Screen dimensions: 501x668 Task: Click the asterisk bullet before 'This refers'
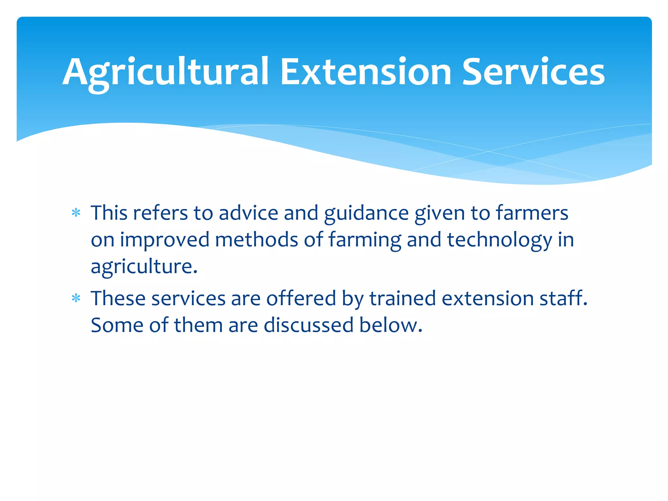[x=76, y=213]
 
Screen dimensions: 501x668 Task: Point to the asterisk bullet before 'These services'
[x=76, y=298]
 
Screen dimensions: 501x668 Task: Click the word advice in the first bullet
[x=248, y=213]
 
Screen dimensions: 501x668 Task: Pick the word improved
[x=164, y=240]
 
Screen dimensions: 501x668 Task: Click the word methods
[x=256, y=240]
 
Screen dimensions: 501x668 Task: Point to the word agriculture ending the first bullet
[x=144, y=267]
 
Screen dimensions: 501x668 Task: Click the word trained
[x=402, y=298]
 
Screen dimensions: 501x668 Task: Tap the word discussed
[x=309, y=325]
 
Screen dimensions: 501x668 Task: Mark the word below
[x=390, y=325]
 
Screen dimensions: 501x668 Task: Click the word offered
[x=301, y=298]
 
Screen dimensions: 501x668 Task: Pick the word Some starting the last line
[x=117, y=325]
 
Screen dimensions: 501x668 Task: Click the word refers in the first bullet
[x=160, y=213]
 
